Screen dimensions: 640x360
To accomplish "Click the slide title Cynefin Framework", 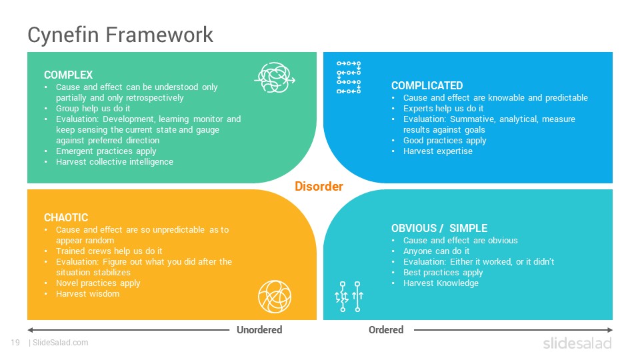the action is click(120, 35).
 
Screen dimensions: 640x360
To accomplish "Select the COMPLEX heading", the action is click(68, 75).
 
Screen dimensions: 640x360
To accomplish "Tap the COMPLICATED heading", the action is click(427, 85).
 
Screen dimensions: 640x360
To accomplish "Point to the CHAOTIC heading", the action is click(66, 217).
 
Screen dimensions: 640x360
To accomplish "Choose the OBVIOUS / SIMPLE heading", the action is click(439, 228).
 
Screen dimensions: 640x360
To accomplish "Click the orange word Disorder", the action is click(319, 186).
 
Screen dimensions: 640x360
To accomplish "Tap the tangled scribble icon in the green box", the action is click(275, 77).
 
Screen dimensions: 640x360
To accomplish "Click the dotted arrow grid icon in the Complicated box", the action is click(349, 77).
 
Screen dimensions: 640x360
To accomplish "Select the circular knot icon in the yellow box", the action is click(275, 297).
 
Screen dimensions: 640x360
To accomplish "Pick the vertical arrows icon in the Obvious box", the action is click(349, 297).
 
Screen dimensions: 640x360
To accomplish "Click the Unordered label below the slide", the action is click(259, 330).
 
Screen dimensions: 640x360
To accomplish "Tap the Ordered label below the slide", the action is click(386, 330).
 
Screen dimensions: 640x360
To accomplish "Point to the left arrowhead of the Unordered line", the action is click(30, 330).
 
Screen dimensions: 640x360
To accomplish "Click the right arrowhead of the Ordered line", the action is click(610, 330).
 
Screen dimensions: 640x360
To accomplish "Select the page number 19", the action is click(15, 343).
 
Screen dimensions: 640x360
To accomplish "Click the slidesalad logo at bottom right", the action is click(577, 343).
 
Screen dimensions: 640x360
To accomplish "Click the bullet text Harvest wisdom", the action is click(88, 294).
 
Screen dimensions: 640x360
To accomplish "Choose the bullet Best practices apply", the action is click(443, 272).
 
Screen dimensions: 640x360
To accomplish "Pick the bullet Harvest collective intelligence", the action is click(115, 161).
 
